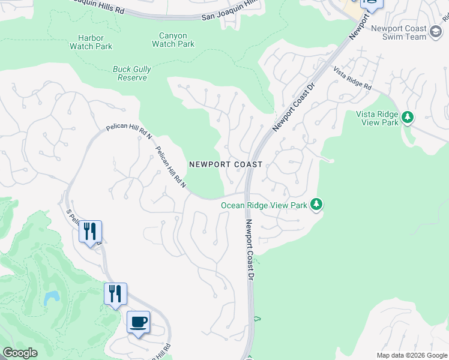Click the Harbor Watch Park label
point(91,42)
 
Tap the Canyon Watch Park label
point(173,40)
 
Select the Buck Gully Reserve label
point(132,73)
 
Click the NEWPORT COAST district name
point(226,164)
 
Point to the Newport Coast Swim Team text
point(399,32)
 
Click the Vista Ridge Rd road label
point(352,79)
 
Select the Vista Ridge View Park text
point(377,118)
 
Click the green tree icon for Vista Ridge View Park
point(408,116)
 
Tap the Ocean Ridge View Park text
point(264,205)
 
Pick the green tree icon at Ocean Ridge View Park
point(316,205)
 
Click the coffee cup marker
point(138,323)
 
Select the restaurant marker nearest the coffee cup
point(115,294)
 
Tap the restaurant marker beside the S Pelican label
point(90,231)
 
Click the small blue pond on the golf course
point(51,297)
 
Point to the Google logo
point(20,353)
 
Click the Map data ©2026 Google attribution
point(412,355)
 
